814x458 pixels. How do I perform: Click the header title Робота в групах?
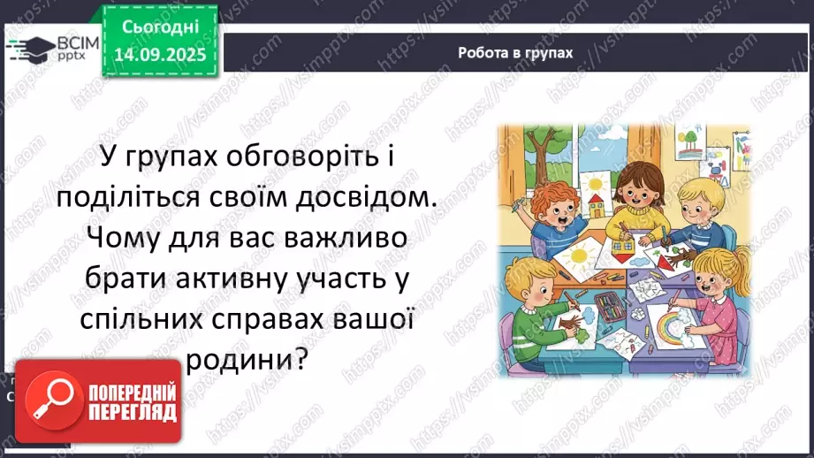click(515, 52)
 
